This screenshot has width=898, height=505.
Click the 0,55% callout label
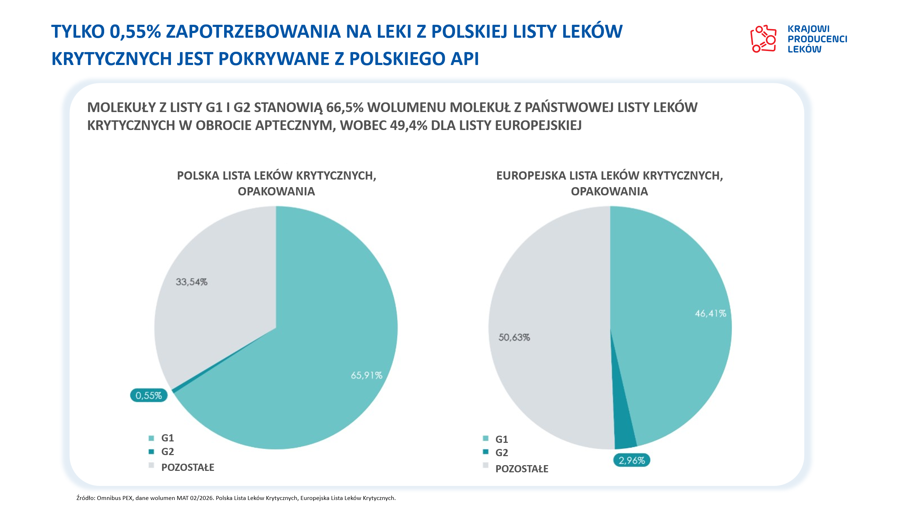149,395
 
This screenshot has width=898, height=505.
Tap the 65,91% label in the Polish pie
366,375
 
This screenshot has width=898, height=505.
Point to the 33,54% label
191,282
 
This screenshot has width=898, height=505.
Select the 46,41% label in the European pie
710,314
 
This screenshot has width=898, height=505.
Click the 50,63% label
514,337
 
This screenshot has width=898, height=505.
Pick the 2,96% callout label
631,460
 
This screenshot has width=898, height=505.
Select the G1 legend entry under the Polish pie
167,438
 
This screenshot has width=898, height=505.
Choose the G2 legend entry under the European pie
501,453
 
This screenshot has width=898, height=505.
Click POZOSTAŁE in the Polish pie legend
188,467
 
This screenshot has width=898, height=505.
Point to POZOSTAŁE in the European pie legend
522,469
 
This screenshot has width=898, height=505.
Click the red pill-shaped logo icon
763,39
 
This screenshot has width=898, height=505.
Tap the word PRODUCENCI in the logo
817,39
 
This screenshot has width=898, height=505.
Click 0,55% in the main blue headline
135,31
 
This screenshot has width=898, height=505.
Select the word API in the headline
465,59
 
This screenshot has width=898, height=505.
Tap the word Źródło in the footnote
85,498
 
